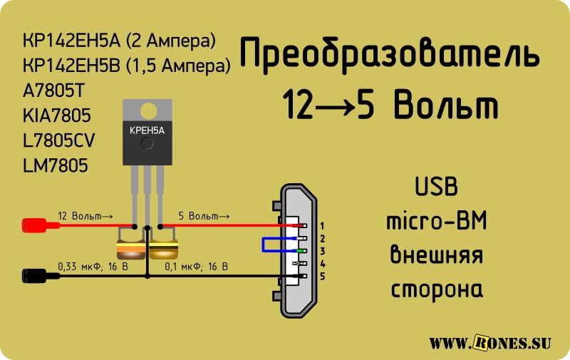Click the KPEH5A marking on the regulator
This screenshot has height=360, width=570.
coord(147,130)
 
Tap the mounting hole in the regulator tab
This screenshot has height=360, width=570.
coord(148,111)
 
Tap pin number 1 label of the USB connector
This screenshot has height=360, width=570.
coord(322,226)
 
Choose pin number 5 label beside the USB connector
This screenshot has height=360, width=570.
coord(322,277)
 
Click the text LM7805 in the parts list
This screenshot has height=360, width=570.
coord(56,165)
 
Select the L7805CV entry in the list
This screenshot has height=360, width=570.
coord(58,140)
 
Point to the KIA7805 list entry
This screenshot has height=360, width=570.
coord(57,115)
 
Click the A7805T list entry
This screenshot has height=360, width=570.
coord(53,91)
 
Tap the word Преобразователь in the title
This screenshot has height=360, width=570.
coord(389,53)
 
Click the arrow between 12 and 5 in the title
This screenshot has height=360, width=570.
coord(335,106)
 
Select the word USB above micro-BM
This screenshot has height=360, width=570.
coord(436,186)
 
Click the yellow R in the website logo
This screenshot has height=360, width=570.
coord(482,342)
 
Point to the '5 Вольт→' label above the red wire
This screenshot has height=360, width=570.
coord(204,216)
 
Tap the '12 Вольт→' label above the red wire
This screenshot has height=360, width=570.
coord(85,216)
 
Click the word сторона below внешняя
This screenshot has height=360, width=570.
coord(437,289)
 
